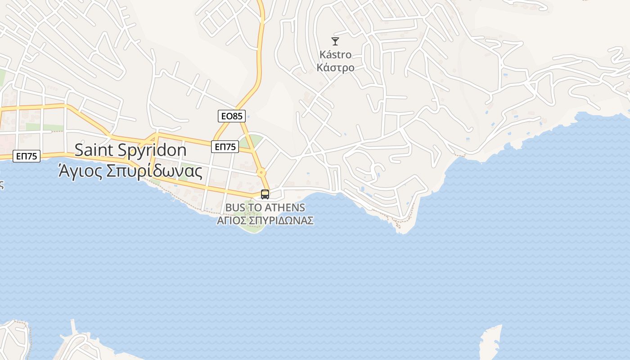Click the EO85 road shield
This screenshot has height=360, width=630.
pos(232,116)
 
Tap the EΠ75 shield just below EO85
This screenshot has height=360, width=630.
pos(225,147)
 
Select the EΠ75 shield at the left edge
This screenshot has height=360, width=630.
pos(27,156)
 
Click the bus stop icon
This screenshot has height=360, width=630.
pos(265,194)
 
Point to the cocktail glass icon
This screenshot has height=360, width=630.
pos(335,41)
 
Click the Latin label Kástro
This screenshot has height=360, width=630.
pos(335,55)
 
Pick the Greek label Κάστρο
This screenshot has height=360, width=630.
pos(335,68)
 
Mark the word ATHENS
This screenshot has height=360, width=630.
pos(285,208)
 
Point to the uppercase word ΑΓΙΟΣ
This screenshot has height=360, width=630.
pos(233,221)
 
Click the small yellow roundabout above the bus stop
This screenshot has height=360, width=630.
pos(261,172)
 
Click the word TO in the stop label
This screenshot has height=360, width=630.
pos(256,208)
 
